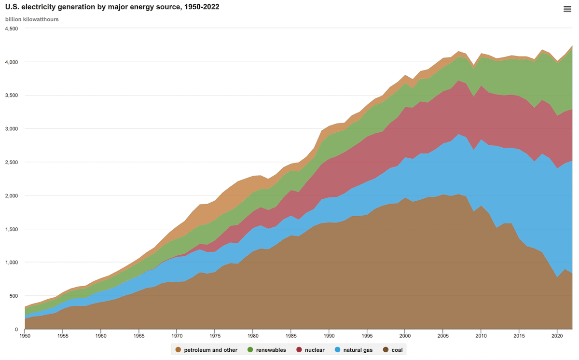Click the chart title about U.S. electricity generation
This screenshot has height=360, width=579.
pos(112,8)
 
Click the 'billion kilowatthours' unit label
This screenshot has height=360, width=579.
pos(32,19)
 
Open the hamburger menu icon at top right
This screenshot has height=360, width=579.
pos(567,9)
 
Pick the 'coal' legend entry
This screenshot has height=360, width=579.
pos(393,349)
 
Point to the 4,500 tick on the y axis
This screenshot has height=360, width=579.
pos(11,28)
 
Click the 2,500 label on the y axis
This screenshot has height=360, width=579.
pos(11,162)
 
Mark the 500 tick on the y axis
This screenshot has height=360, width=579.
pos(14,296)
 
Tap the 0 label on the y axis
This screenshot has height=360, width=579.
pos(16,329)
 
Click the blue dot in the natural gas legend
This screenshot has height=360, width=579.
pos(338,349)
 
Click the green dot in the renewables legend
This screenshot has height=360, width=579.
pos(250,349)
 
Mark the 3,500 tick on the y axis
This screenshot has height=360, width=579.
pos(11,96)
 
